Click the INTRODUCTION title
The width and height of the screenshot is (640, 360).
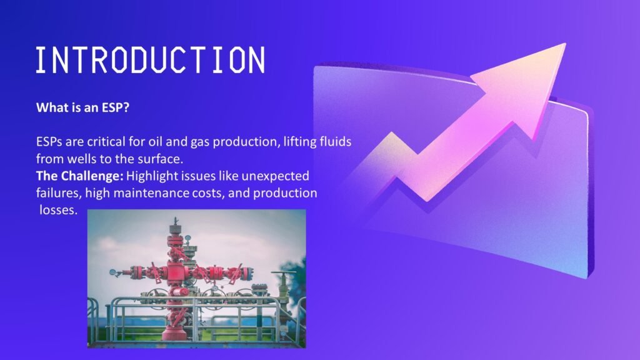(150, 60)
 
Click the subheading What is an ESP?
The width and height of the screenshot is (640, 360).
(83, 107)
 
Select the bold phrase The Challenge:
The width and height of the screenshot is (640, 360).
(79, 176)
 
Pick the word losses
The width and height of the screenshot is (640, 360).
(58, 210)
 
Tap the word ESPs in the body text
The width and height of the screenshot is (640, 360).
(49, 142)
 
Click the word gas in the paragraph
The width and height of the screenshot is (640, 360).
(200, 142)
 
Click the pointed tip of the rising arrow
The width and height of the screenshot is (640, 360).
(565, 43)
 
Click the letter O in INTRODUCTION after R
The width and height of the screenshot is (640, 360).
(119, 60)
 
